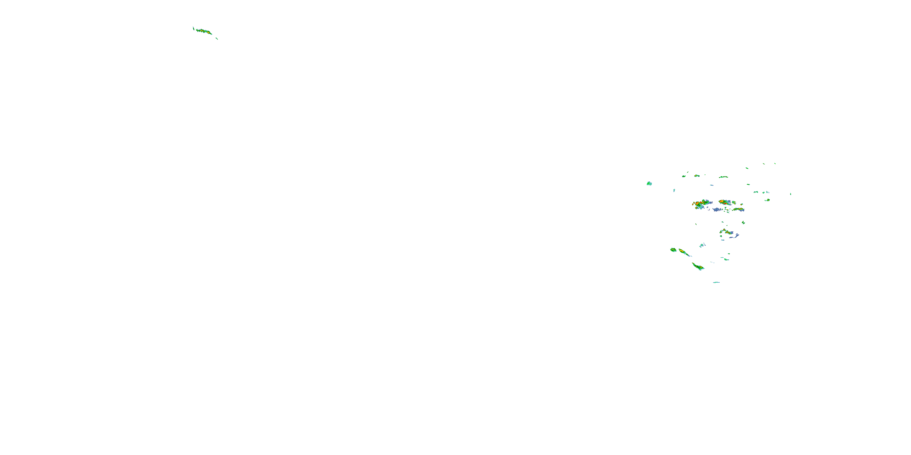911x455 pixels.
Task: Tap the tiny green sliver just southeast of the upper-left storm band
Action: (x=217, y=38)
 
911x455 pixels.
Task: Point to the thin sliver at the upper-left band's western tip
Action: (x=193, y=28)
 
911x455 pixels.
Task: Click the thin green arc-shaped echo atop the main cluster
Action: (x=723, y=177)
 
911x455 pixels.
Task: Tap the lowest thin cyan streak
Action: (x=716, y=282)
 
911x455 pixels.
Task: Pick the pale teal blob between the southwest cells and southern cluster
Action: (x=702, y=245)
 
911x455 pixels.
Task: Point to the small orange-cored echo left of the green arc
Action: (x=697, y=176)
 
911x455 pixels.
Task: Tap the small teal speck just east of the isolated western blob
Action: (x=674, y=190)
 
